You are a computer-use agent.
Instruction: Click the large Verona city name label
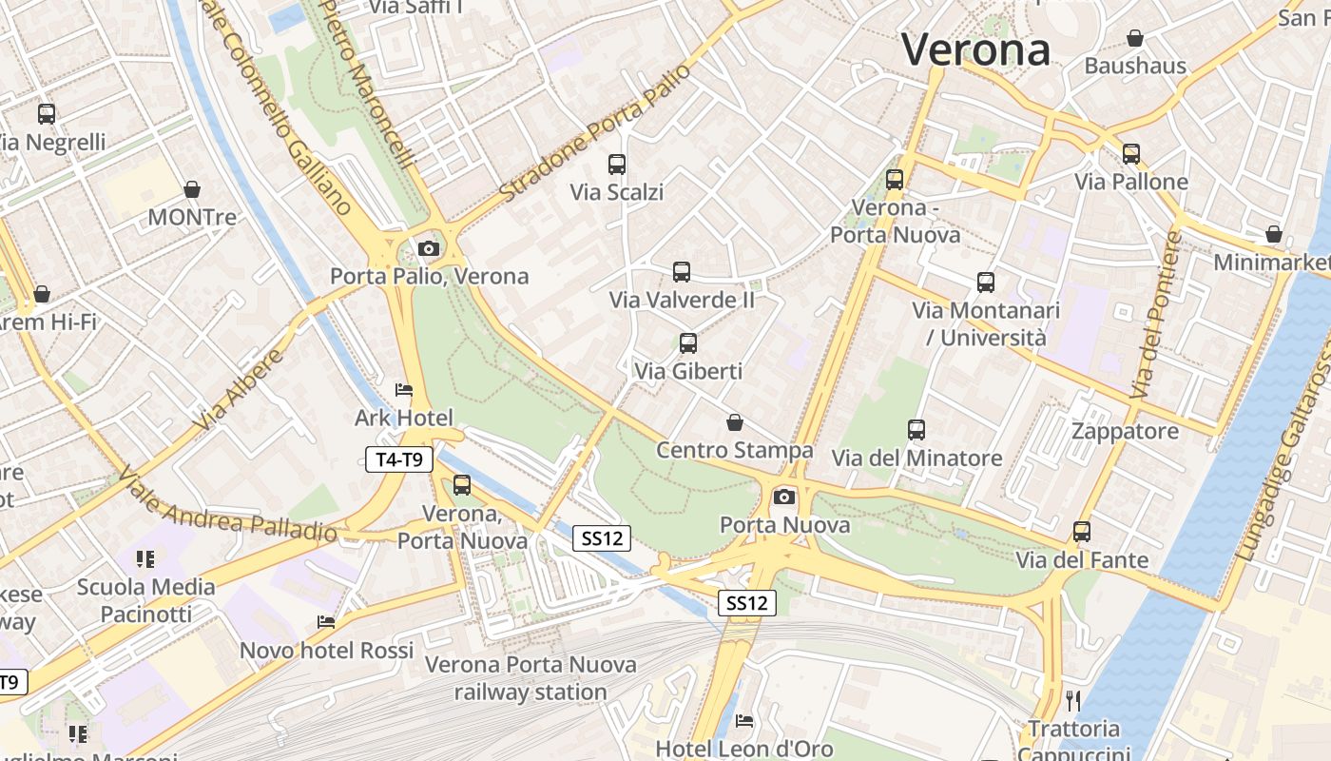point(975,49)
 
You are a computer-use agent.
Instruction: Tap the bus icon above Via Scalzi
point(617,164)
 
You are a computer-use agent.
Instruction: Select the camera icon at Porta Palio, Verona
point(429,248)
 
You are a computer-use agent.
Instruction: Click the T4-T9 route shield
point(399,460)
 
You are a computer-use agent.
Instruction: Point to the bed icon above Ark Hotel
point(404,390)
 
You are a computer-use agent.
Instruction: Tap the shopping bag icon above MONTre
point(192,189)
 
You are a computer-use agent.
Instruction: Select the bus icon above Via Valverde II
point(682,272)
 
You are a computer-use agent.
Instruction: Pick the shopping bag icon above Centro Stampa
point(734,422)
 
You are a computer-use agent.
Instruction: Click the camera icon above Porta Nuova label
point(784,497)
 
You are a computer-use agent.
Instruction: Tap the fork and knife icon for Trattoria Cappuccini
point(1074,701)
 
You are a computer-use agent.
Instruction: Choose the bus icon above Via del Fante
point(1082,532)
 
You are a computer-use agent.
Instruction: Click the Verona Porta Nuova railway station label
point(530,678)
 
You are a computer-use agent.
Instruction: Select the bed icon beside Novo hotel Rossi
point(326,622)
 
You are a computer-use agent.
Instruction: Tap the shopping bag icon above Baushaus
point(1134,38)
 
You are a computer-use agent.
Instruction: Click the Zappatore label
point(1125,431)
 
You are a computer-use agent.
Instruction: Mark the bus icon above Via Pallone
point(1131,153)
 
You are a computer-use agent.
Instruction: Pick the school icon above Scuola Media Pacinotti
point(145,558)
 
